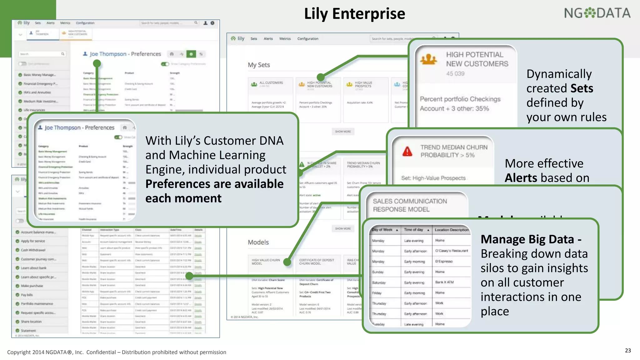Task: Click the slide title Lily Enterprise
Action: (354, 14)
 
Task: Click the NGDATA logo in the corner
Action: (597, 13)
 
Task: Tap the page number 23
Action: (628, 350)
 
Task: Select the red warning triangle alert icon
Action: (407, 152)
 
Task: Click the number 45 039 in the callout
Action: (455, 73)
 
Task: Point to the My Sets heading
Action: (259, 65)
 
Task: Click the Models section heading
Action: (258, 242)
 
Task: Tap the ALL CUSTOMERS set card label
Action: (271, 83)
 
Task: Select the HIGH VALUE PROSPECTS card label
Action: (363, 84)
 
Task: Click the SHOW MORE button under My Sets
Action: (343, 132)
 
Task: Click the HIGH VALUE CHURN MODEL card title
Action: (266, 262)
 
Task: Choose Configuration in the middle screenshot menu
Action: (307, 39)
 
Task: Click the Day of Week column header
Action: (382, 230)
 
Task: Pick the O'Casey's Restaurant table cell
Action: (451, 251)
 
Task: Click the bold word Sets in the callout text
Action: (582, 88)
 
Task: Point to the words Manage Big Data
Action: (527, 239)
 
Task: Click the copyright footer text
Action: (117, 352)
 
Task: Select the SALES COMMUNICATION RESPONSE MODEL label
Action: (410, 205)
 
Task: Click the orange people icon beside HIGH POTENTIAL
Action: (428, 59)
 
